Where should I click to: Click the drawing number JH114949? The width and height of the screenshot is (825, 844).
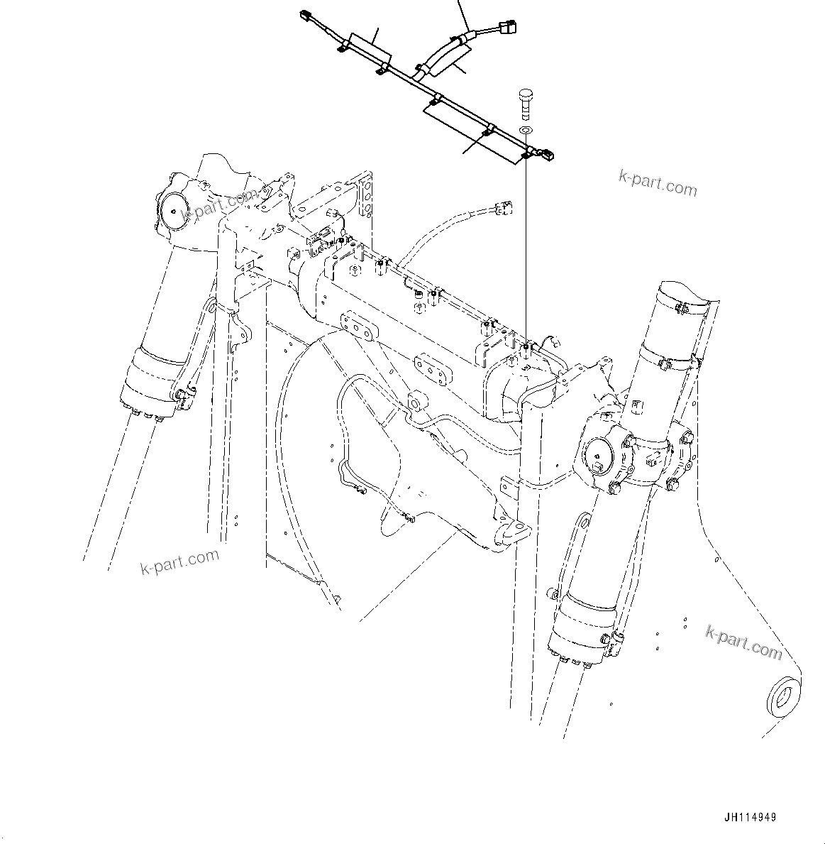point(750,817)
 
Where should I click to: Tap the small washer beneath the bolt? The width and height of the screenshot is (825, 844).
point(525,131)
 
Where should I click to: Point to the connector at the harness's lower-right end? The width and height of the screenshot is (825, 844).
point(548,153)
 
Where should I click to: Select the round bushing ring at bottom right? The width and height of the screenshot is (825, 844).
point(782,696)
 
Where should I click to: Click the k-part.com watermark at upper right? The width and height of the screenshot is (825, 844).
point(658,185)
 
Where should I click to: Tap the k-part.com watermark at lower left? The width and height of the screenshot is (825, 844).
point(179,562)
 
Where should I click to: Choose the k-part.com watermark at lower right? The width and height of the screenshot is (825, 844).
point(743,641)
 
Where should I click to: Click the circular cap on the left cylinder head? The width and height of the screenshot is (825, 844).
point(173,209)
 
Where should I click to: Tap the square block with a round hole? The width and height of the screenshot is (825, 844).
point(415,402)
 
